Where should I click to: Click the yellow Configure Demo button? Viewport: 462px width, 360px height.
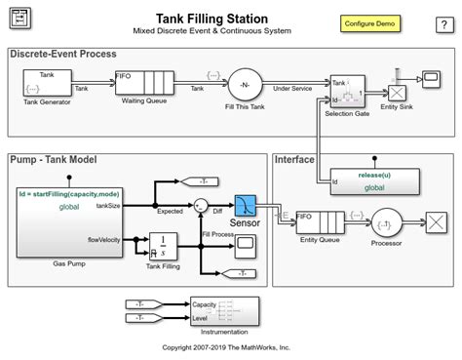tap(368, 22)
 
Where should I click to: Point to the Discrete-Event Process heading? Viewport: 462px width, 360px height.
tap(67, 54)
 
